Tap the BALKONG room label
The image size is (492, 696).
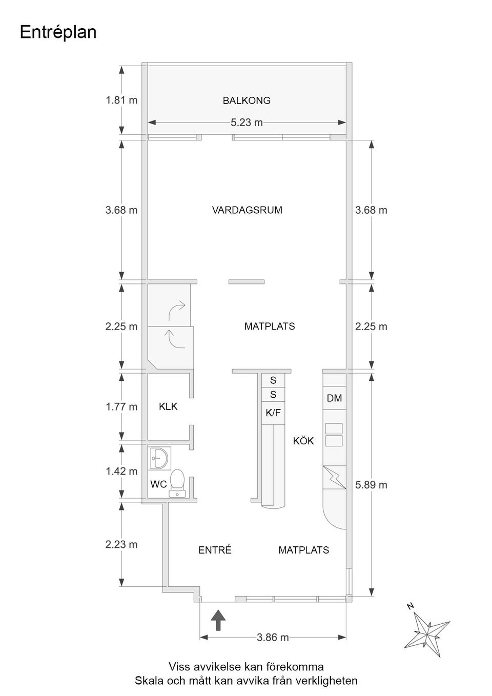(x=247, y=100)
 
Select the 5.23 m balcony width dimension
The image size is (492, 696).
(x=247, y=122)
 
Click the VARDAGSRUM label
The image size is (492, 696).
(x=247, y=210)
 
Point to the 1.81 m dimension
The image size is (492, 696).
(x=121, y=100)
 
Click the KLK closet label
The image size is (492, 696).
(x=168, y=406)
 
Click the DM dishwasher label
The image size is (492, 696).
(x=334, y=398)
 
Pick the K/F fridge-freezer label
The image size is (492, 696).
(x=273, y=413)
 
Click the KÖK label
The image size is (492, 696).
(x=303, y=441)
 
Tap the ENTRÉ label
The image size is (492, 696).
(x=215, y=550)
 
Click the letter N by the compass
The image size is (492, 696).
(x=411, y=606)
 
